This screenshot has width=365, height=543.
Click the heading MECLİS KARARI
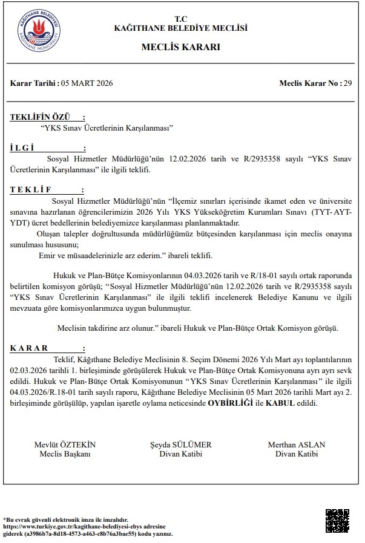coord(181,47)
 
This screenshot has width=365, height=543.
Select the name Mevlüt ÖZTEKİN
coord(65,444)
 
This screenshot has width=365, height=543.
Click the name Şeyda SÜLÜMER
coord(181,444)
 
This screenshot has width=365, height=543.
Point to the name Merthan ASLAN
coord(296,444)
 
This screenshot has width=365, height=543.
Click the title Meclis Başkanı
coord(65,454)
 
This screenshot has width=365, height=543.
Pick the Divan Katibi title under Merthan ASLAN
coord(296,454)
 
